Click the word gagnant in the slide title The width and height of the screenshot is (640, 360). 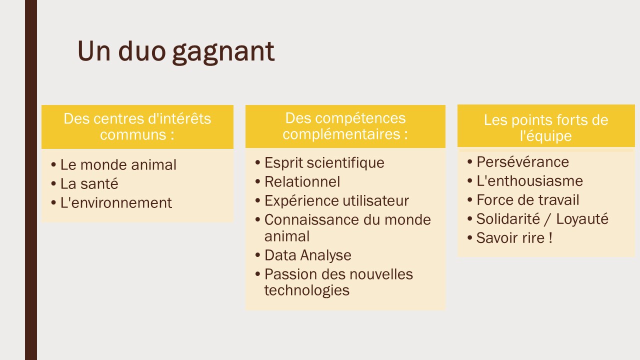(x=223, y=52)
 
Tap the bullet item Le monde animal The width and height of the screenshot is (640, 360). (x=118, y=165)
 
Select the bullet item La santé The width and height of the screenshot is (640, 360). (x=89, y=183)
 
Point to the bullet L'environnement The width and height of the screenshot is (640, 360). (x=116, y=203)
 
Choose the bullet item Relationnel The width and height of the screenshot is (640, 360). (x=302, y=181)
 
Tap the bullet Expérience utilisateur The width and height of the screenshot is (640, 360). (x=336, y=201)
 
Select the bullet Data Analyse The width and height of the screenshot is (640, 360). (x=307, y=255)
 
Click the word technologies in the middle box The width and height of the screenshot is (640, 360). (x=307, y=291)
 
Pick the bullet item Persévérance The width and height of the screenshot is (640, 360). (x=522, y=162)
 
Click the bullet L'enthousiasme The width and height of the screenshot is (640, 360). (x=529, y=181)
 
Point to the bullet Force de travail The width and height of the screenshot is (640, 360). (x=527, y=200)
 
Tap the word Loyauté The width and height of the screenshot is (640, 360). (x=582, y=219)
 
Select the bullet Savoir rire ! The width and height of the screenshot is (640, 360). (x=514, y=238)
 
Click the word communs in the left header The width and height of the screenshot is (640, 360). (x=133, y=135)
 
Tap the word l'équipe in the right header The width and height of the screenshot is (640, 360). (x=545, y=136)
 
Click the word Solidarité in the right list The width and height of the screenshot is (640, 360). (x=508, y=219)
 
